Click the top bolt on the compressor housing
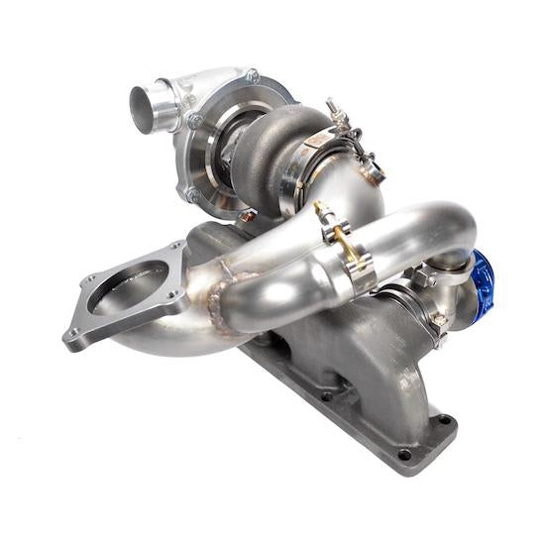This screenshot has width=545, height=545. tap(254, 75)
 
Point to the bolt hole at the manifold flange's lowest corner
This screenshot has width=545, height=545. tap(404, 455)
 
